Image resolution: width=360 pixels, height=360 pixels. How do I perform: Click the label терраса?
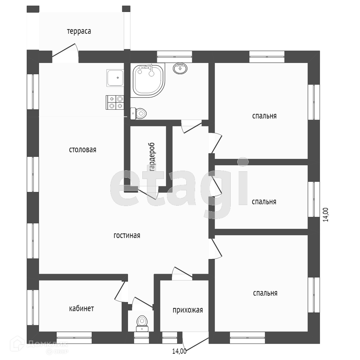point(79,32)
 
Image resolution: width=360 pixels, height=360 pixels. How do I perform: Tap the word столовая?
point(82,150)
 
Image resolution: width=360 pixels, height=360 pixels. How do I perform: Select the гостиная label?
point(127,235)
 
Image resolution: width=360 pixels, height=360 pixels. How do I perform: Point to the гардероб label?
point(152,157)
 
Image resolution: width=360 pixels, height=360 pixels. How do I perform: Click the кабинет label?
point(81,309)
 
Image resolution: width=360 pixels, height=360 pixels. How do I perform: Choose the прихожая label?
point(188,310)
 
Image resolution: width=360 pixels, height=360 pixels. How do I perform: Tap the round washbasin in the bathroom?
point(180,68)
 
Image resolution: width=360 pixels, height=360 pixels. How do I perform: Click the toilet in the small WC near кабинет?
point(142,322)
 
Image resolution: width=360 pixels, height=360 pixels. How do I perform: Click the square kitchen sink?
point(115,78)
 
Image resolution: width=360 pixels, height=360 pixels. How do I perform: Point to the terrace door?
point(65,53)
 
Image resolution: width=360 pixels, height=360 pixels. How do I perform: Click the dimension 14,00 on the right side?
point(326,215)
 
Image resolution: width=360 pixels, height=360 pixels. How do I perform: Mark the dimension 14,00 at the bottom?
point(179,351)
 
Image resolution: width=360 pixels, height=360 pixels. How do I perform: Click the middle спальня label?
point(264,202)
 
